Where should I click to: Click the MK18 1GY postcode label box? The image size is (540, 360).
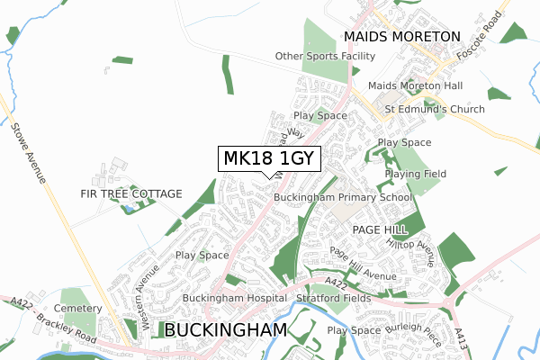click(268, 159)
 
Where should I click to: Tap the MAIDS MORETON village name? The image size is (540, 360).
click(401, 37)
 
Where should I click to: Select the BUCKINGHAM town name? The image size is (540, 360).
click(226, 330)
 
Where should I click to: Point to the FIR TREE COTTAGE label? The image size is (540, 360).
click(130, 193)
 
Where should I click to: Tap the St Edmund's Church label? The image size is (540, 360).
click(435, 109)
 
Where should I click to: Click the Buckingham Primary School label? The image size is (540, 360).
click(342, 197)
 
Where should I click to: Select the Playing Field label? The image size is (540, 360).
click(415, 174)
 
